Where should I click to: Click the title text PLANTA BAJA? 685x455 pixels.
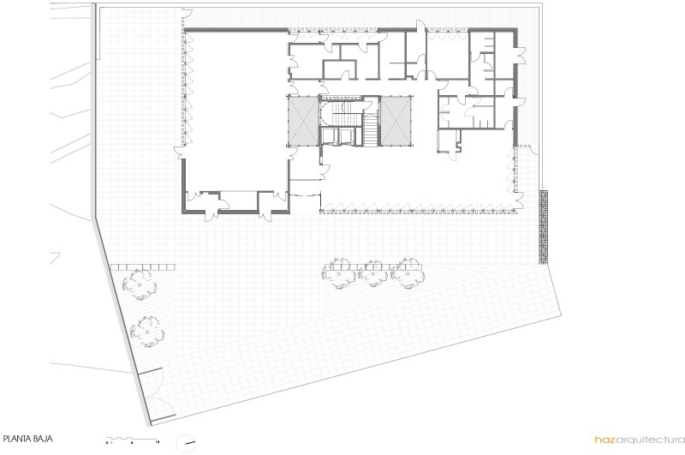click(x=28, y=439)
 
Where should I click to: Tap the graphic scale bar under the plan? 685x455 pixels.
click(x=133, y=440)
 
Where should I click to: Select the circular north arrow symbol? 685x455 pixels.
click(x=186, y=443)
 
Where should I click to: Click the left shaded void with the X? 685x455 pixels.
click(x=302, y=120)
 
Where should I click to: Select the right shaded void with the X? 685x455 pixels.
click(x=396, y=121)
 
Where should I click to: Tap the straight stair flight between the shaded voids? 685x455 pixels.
click(x=371, y=129)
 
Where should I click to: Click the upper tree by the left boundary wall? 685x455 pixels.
click(x=140, y=284)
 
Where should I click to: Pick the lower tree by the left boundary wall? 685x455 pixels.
click(x=147, y=332)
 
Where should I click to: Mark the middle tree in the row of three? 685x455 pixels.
click(x=373, y=273)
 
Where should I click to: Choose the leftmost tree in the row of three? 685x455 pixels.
click(x=339, y=273)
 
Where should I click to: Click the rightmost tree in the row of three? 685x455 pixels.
click(x=408, y=273)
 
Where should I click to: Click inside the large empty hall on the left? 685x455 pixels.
click(x=236, y=110)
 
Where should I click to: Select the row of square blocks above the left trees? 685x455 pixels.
click(x=143, y=267)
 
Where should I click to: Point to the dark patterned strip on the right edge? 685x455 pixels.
click(x=544, y=227)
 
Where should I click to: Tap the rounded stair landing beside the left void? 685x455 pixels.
click(x=327, y=112)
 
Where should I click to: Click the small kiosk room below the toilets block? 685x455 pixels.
click(x=449, y=141)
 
